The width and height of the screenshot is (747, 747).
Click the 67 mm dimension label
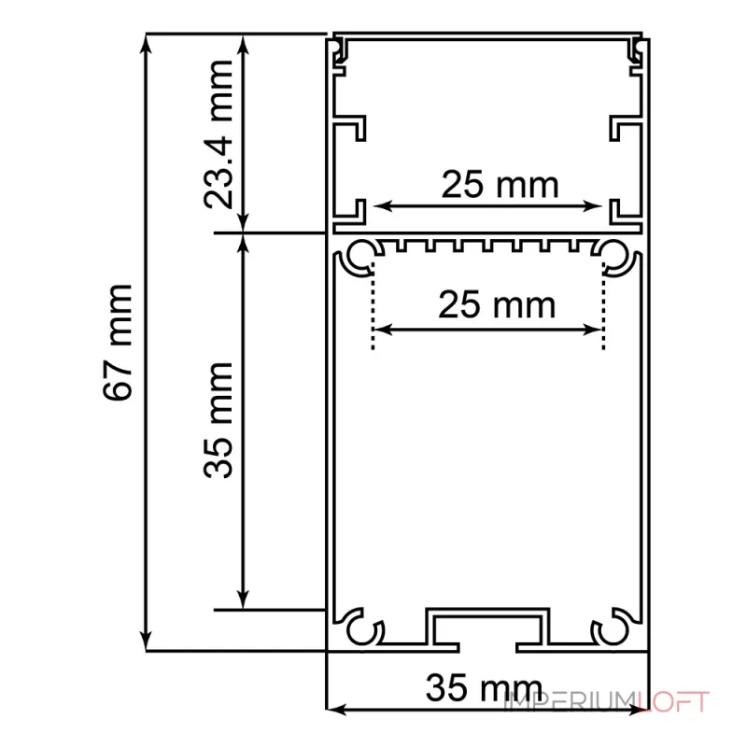[x=118, y=342]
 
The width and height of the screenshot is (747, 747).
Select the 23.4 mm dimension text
[x=218, y=134]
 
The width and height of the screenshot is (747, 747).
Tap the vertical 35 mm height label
[x=218, y=419]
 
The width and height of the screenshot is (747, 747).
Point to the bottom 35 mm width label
[x=484, y=687]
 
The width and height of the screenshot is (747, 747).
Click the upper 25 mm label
[x=500, y=184]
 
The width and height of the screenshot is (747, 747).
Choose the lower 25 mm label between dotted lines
[x=497, y=304]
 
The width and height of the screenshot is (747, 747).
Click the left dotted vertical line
[x=373, y=306]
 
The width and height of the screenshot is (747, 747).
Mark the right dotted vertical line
[x=603, y=306]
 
